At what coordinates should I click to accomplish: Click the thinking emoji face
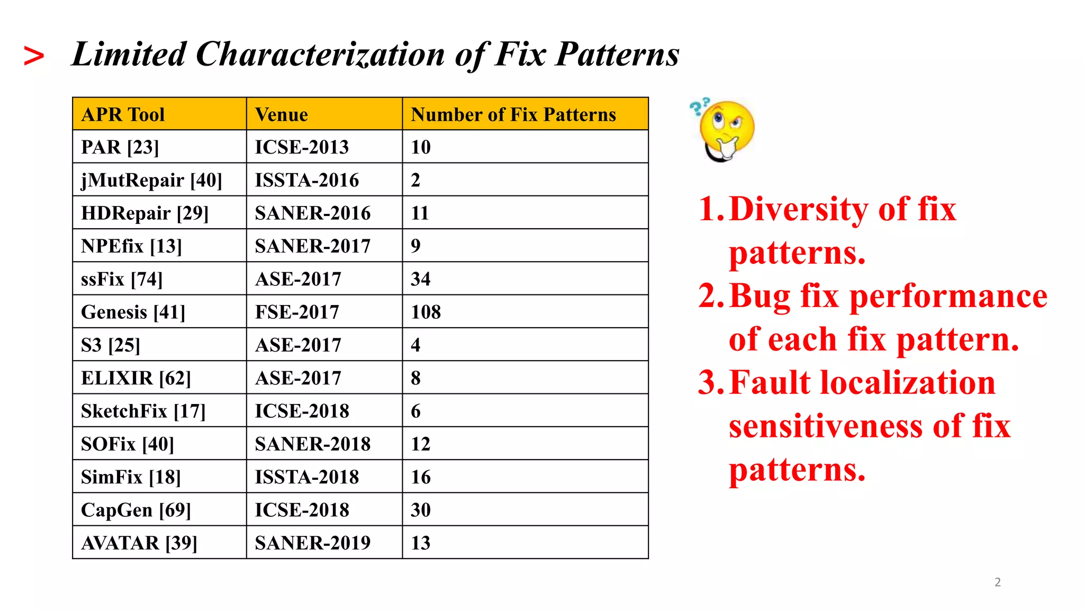point(724,129)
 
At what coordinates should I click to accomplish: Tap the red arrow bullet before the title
point(34,56)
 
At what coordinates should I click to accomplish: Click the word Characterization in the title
point(320,54)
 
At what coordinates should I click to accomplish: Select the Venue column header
point(282,114)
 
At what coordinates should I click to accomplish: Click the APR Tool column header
point(123,114)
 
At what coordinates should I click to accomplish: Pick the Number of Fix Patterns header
point(513,114)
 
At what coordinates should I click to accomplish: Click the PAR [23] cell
point(120,147)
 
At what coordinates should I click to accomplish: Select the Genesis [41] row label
point(133,312)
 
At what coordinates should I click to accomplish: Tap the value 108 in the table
point(426,312)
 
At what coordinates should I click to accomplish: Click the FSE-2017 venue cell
point(297,312)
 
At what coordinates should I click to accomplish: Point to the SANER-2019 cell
point(312,543)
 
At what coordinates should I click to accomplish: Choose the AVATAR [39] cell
point(139,543)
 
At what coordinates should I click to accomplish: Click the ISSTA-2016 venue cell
point(307,180)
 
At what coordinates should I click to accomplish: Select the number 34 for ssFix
point(420,279)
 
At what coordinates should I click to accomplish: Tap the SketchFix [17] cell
point(143,411)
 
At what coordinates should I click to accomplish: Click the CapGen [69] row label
point(135,510)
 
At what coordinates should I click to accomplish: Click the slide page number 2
point(998,582)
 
